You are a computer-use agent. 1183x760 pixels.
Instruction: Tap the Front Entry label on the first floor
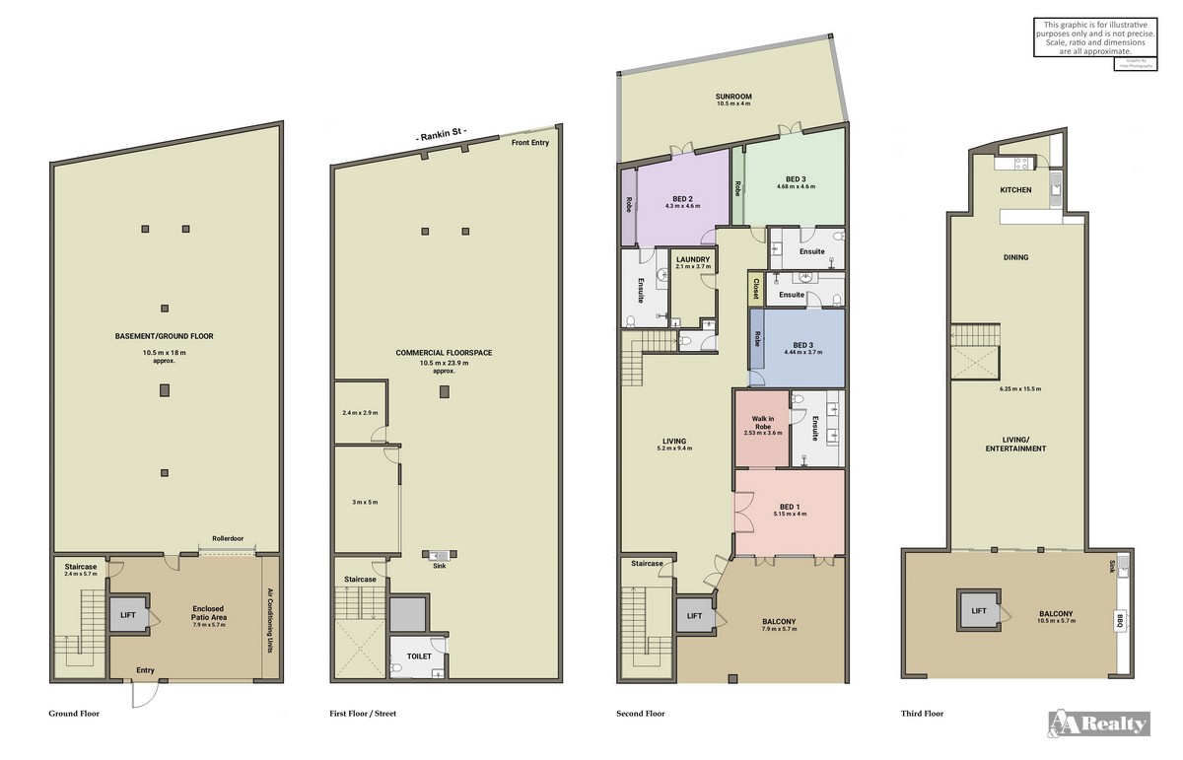(529, 143)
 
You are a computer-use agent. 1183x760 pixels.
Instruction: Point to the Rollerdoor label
(228, 539)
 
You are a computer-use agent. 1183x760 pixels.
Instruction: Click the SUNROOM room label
(733, 97)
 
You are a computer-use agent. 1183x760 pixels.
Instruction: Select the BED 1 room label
(791, 508)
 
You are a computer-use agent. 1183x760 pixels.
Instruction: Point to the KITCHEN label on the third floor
(1015, 189)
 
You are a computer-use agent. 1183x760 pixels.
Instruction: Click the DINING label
(1015, 257)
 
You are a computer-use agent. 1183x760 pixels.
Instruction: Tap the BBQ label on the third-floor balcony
(1120, 621)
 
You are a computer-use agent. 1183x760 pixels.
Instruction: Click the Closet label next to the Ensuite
(756, 289)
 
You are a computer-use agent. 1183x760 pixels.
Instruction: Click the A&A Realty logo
(1098, 724)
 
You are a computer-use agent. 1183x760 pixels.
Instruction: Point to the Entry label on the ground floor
(146, 670)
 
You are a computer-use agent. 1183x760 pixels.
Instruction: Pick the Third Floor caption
(922, 713)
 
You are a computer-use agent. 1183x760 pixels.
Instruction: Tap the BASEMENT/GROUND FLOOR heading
(164, 336)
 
